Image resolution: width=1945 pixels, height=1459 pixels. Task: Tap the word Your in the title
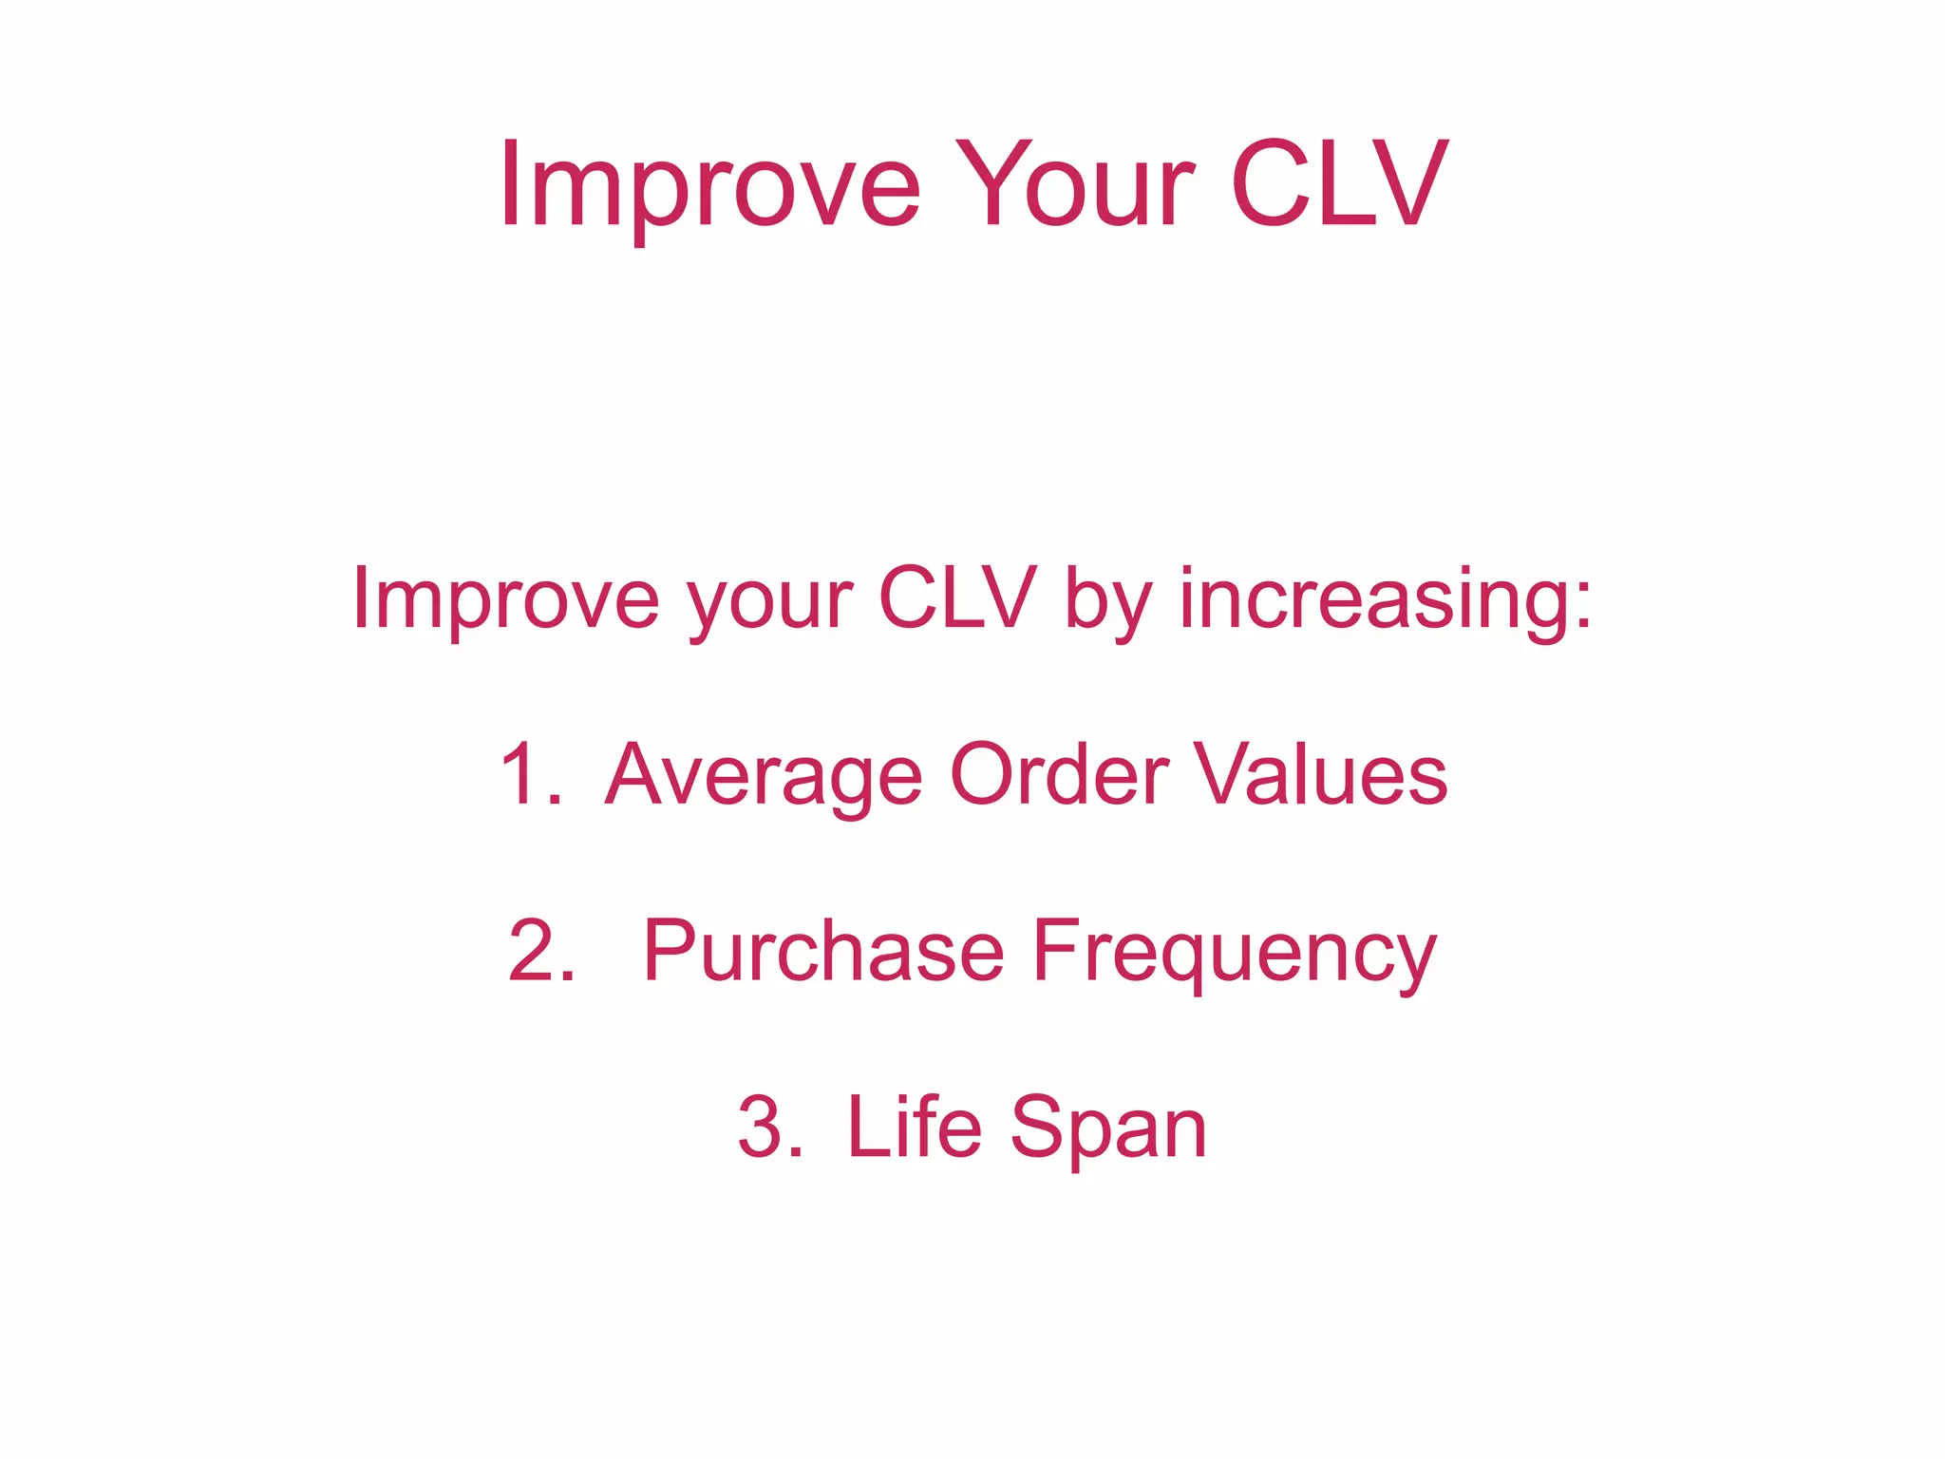(1074, 186)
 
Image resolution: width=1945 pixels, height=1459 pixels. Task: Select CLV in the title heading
(1339, 186)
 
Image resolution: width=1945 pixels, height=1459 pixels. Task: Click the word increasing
(1373, 598)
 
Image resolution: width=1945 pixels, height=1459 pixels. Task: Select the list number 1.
(527, 774)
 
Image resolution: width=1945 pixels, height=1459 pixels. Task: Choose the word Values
(1321, 774)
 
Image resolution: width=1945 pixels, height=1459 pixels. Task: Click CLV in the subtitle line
(956, 598)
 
